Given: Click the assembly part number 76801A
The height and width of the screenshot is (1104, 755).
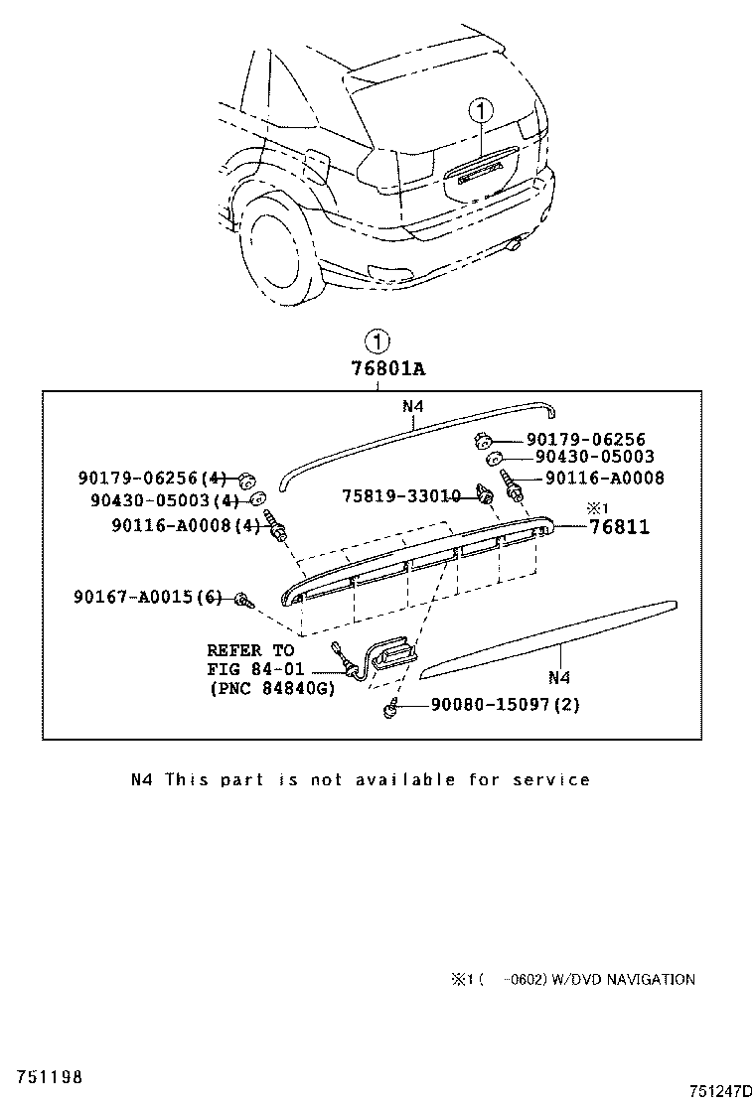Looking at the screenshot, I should (387, 369).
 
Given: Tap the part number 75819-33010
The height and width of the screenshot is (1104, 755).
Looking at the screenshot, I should (401, 495).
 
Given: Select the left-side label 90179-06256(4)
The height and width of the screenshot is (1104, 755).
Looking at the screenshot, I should (153, 478).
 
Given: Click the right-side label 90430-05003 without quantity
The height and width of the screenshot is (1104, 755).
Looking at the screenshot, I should (594, 458).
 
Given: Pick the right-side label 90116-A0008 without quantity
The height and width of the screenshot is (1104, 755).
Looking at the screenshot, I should (604, 478).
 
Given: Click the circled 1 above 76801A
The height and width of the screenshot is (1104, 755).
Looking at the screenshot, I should (377, 343).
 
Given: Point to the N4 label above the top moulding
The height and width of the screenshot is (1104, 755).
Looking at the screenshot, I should (414, 405).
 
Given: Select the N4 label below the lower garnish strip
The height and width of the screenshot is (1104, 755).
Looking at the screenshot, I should (558, 678).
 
